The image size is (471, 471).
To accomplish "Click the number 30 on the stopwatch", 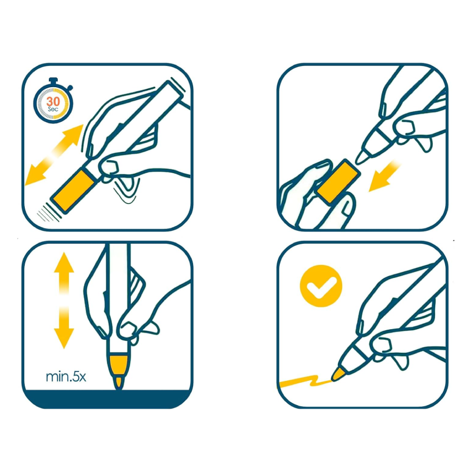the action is (53, 101).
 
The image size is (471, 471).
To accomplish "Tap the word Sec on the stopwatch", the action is (53, 110).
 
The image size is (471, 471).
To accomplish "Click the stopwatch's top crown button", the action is (53, 81).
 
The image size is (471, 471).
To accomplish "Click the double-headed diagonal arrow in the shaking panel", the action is (54, 155).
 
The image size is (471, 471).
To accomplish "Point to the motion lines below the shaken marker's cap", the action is (49, 213).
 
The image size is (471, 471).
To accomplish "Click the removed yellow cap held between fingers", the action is (339, 181).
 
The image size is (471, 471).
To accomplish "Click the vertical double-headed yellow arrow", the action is (64, 300).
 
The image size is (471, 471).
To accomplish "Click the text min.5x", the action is (66, 377).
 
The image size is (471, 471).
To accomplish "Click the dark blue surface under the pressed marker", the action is (107, 399).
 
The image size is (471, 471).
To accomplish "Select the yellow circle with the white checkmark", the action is (321, 286).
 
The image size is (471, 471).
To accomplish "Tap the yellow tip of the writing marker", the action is (338, 374).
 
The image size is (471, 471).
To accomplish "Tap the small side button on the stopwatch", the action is (70, 88).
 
